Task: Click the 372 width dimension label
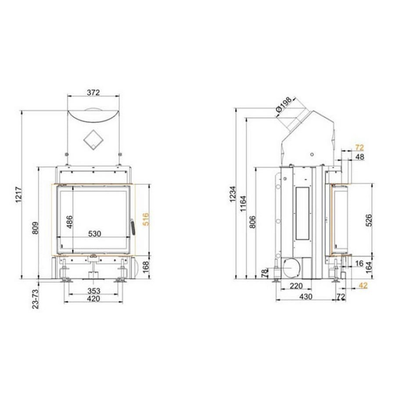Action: click(93, 93)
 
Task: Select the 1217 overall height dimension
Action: click(19, 195)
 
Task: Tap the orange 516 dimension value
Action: click(146, 219)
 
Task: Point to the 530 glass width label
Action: click(95, 234)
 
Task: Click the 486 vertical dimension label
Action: click(69, 222)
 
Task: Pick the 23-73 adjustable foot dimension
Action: click(36, 299)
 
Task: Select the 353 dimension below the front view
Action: click(94, 291)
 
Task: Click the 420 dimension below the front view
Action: click(93, 299)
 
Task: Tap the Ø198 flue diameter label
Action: click(284, 104)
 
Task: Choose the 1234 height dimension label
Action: click(233, 194)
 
